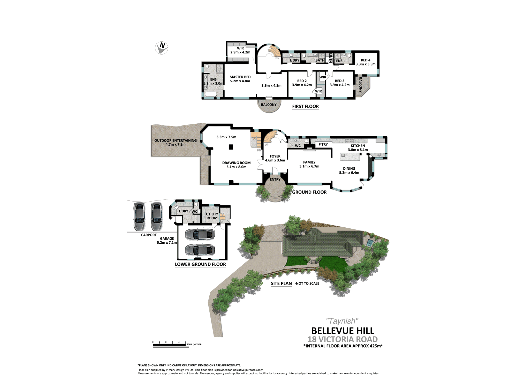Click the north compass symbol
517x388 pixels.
point(162,48)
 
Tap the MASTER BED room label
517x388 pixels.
point(240,77)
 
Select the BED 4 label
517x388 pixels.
point(366,60)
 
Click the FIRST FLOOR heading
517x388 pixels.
point(305,106)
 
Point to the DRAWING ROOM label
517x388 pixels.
point(236,163)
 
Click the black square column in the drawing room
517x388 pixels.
point(231,147)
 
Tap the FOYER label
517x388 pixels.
point(275,156)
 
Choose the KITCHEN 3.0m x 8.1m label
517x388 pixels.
point(358,148)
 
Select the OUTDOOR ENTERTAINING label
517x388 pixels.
point(175,141)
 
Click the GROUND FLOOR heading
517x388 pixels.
point(309,192)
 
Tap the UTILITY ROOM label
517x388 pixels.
point(212,216)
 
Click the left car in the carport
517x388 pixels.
point(139,216)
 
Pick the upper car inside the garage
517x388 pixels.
point(200,235)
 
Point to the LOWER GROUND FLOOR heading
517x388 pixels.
point(200,264)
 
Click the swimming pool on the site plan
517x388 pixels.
point(370,243)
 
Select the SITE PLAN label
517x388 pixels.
point(281,283)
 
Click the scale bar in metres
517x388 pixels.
point(169,345)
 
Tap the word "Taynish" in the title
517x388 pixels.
point(342,321)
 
